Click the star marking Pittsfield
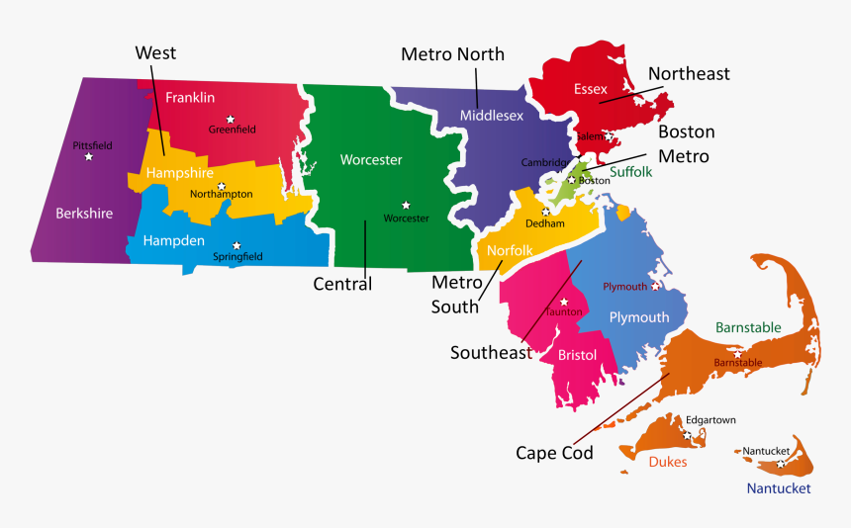click(89, 156)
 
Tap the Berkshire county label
click(84, 213)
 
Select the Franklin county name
click(190, 97)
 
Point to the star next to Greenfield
click(230, 119)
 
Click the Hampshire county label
click(179, 173)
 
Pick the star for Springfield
click(236, 245)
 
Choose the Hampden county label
click(173, 240)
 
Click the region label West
click(155, 52)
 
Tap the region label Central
click(342, 285)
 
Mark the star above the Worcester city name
click(406, 206)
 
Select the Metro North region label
click(452, 54)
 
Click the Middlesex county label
click(492, 116)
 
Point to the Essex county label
click(591, 89)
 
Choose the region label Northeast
click(689, 73)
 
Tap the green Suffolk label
click(631, 171)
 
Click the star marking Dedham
click(545, 212)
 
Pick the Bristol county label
click(577, 354)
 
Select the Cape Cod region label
click(554, 453)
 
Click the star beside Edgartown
click(687, 434)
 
